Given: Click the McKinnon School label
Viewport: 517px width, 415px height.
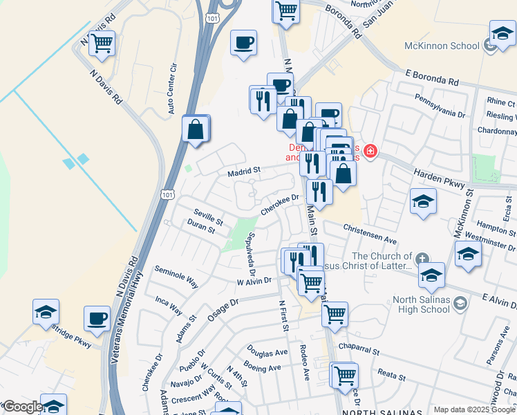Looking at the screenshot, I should click(x=442, y=46).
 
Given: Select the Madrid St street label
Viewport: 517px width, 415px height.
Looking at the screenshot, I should click(x=244, y=170).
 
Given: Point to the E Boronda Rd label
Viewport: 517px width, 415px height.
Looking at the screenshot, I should click(x=432, y=77).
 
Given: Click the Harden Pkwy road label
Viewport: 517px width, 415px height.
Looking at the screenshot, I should click(x=438, y=176).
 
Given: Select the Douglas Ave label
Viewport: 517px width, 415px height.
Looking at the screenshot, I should click(x=267, y=352).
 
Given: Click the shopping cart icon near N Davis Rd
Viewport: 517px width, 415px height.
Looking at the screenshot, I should click(x=102, y=44).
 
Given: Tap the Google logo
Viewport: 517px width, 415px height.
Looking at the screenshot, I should click(x=22, y=407).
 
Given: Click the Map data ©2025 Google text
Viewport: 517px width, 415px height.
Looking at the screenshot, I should click(x=474, y=409).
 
